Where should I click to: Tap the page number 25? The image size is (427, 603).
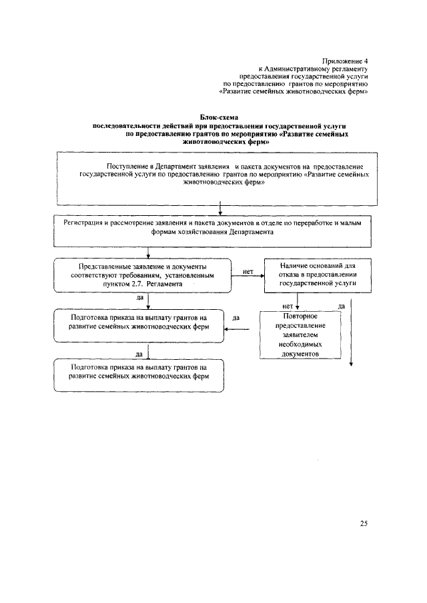(364, 523)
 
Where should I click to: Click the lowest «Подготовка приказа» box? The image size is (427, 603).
(139, 376)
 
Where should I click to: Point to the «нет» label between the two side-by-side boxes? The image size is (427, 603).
(248, 271)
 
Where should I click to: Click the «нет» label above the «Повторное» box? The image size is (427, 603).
(289, 306)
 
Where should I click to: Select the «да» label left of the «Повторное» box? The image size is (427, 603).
(236, 318)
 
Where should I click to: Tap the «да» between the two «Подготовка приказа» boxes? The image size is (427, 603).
(139, 353)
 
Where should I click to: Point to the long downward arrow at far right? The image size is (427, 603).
(352, 333)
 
